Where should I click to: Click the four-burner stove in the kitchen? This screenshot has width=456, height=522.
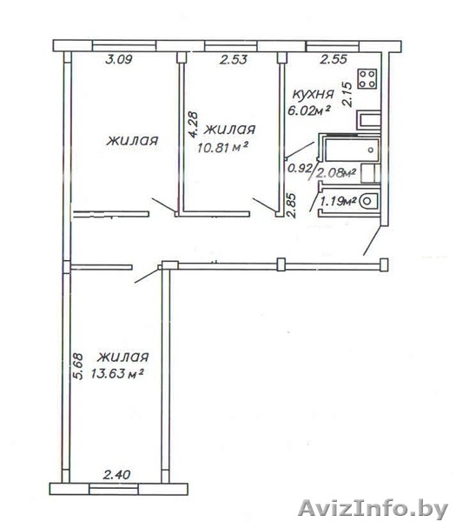click(x=367, y=78)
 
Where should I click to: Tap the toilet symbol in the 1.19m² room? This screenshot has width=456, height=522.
click(x=369, y=201)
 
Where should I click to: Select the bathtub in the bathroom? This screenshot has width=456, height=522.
click(x=353, y=151)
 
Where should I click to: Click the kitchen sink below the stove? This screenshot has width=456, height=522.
click(x=368, y=120)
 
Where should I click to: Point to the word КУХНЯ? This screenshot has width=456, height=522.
click(x=313, y=94)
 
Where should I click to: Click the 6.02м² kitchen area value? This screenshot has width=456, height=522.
click(x=308, y=110)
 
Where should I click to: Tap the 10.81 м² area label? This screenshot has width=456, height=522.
click(x=222, y=147)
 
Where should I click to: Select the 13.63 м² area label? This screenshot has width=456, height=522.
click(x=117, y=373)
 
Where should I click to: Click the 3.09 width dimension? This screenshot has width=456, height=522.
click(x=119, y=59)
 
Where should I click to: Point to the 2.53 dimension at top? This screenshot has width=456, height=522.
click(x=234, y=59)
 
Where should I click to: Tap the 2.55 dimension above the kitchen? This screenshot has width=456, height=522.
click(x=334, y=59)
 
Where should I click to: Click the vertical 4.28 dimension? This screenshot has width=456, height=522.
click(x=193, y=124)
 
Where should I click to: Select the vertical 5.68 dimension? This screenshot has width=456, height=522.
click(x=78, y=366)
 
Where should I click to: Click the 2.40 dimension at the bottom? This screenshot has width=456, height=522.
click(x=116, y=475)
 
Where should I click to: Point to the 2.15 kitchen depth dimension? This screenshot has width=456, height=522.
click(x=347, y=94)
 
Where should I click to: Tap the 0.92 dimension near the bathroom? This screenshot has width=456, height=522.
click(x=300, y=169)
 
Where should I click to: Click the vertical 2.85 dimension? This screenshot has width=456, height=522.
click(x=291, y=205)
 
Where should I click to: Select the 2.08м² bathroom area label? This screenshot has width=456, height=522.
click(x=335, y=173)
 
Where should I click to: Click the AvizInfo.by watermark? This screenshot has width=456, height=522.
click(x=373, y=509)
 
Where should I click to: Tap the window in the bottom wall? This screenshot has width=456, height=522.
click(x=113, y=488)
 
